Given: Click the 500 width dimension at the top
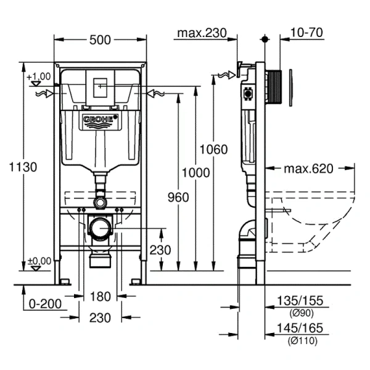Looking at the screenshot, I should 100,40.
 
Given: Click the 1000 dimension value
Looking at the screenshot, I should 195,173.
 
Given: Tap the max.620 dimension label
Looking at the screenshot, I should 308,169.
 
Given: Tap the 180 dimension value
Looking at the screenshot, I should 100,297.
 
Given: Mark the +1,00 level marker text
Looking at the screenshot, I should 38,76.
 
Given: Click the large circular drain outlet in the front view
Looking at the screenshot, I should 100,229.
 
